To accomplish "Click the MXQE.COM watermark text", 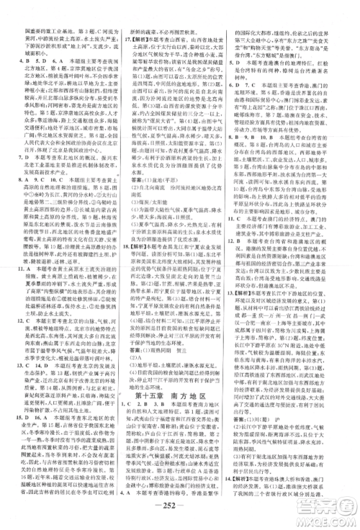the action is (325, 513).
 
